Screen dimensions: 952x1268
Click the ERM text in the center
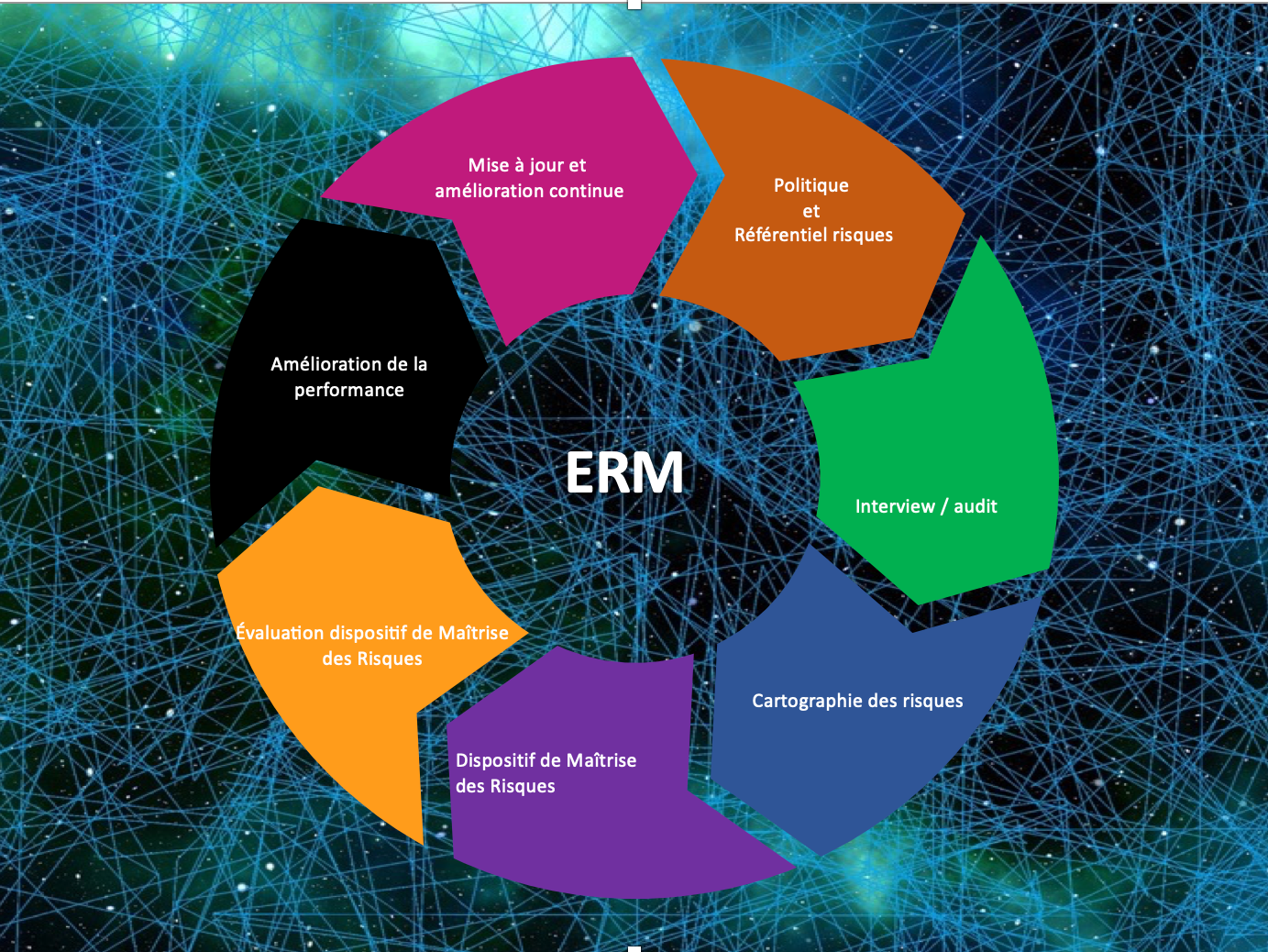coord(624,473)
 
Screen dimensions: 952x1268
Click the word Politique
coord(811,185)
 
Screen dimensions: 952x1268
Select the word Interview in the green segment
coord(895,506)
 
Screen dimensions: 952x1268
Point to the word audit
coord(976,506)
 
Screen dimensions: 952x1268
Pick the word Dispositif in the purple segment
coord(495,760)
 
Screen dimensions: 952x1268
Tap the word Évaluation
coord(281,633)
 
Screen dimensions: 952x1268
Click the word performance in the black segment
coord(349,390)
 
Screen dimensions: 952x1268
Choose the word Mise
coord(489,165)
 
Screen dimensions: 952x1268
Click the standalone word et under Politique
coord(811,211)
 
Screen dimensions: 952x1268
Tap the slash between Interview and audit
coord(944,506)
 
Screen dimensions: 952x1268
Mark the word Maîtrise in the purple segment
coord(601,760)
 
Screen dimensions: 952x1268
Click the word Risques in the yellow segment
coord(390,659)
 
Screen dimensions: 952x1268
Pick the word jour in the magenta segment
coord(547,166)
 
